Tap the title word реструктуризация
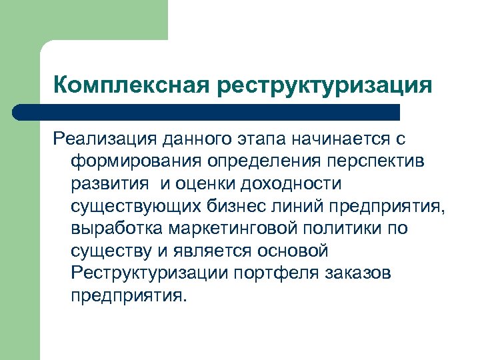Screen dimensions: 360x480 (x=323, y=87)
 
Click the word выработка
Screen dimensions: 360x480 (x=117, y=229)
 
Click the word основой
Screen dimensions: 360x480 (x=292, y=251)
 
